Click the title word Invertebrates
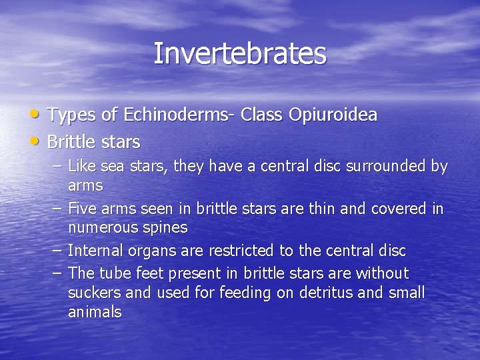tap(240, 53)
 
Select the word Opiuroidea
tap(333, 115)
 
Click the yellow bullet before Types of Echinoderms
tap(39, 115)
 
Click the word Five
tap(82, 209)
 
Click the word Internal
tap(95, 251)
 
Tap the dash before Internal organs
tap(58, 251)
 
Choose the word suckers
tap(93, 293)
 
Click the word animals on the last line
tap(95, 312)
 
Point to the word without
tap(382, 274)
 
